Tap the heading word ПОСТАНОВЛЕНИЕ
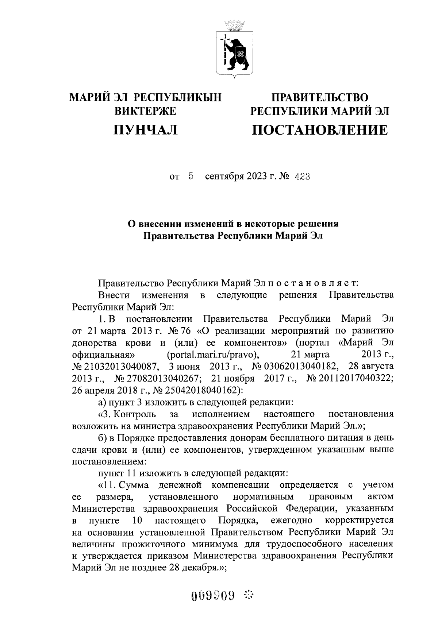[320, 130]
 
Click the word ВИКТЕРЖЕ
[146, 111]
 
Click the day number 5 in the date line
[191, 177]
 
